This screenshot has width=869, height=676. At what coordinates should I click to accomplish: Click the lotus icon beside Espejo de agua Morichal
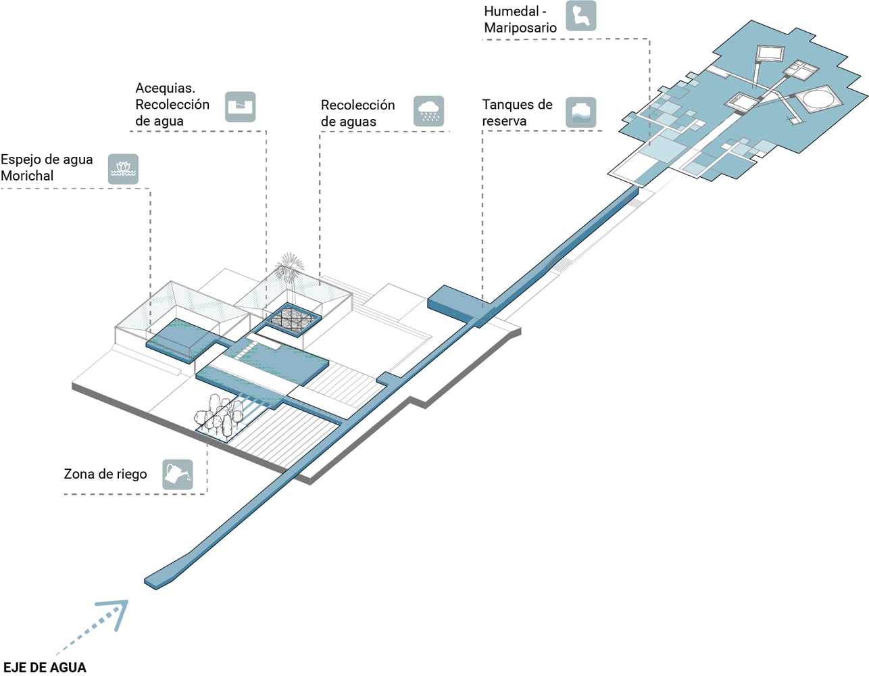coord(123,168)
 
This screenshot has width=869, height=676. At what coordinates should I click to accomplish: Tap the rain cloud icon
coord(428,112)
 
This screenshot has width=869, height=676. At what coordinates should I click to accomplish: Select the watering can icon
coord(178,474)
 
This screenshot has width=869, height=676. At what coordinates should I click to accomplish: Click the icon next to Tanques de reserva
coord(580,112)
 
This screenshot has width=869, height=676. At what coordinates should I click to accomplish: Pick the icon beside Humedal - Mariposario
coord(580,16)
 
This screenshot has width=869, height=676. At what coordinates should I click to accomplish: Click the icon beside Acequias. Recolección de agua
coord(240,107)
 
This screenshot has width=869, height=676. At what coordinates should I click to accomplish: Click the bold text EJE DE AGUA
coord(45,667)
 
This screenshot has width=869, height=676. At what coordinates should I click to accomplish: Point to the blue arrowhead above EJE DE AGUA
coord(116,611)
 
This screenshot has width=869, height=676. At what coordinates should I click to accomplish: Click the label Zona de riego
coord(105,474)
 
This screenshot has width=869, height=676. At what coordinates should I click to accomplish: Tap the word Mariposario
coord(520,28)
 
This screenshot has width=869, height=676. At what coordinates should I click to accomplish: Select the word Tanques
coord(507,105)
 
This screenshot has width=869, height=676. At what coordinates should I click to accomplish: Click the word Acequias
coord(165,88)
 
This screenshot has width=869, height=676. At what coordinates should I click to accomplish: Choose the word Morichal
coord(27,176)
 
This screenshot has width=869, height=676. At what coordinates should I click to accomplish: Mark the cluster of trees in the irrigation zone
coord(218,414)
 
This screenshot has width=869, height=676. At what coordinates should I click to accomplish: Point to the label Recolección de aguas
coord(357,113)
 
